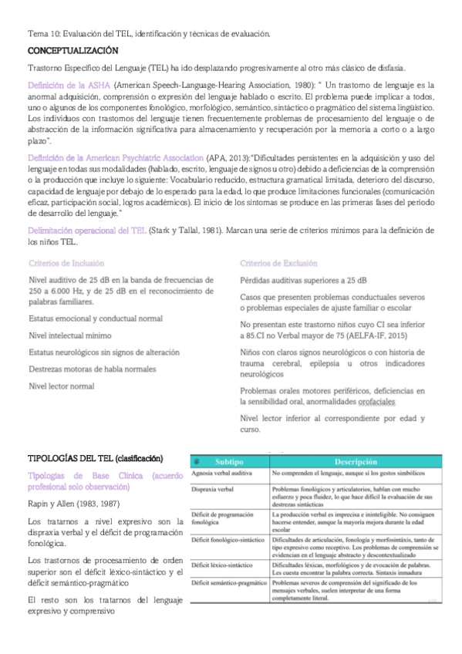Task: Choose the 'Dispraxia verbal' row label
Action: pos(217,488)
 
